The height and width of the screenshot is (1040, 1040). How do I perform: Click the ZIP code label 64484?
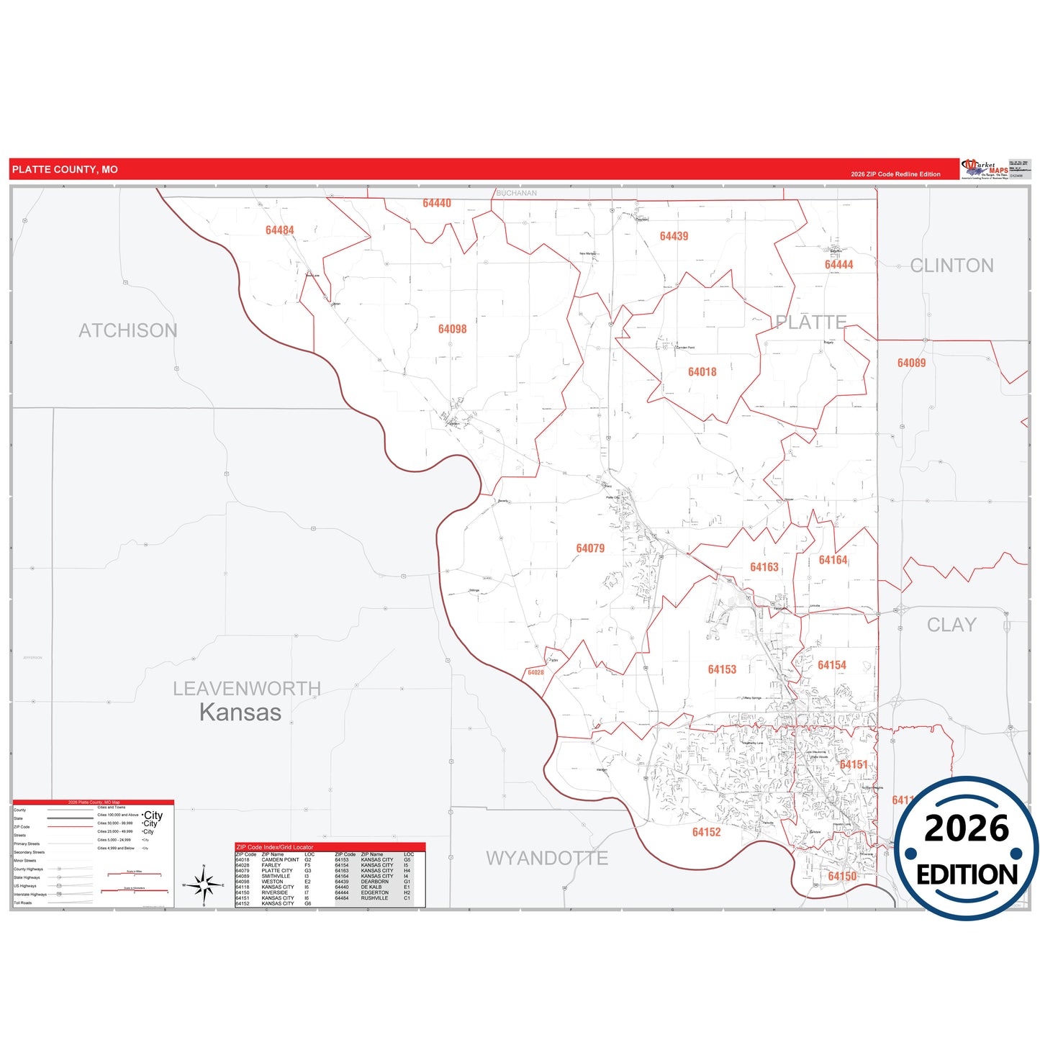coord(279,230)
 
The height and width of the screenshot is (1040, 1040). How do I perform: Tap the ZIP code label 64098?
coord(452,329)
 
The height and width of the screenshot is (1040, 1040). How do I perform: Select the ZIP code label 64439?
coord(674,236)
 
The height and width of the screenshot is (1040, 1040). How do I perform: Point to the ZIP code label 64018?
coord(702,372)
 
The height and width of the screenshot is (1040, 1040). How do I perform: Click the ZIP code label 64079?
coord(590,548)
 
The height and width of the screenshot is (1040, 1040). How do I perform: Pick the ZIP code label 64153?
coord(722,669)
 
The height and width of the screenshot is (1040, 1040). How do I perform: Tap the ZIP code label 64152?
coord(706,832)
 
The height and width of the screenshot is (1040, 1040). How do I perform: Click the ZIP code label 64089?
coord(911,363)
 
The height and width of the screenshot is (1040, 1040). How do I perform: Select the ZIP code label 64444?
coord(838,265)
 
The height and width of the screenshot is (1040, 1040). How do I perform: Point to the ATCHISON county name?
coord(128,330)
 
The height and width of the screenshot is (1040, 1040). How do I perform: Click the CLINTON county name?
coord(951,266)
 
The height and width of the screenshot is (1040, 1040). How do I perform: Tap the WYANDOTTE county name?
coord(547,858)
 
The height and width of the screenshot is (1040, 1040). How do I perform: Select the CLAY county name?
coord(951,625)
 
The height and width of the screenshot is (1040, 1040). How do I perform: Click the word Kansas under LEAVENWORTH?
coord(240,712)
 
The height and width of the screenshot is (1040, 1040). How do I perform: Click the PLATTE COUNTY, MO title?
coord(65,170)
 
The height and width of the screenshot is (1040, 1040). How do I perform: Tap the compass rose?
coord(204,885)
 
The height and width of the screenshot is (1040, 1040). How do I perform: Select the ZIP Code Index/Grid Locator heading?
coord(275,847)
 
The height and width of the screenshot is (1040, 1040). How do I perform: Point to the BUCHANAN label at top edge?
coord(516,193)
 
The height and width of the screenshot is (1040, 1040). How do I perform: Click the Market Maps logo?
coord(985,169)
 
